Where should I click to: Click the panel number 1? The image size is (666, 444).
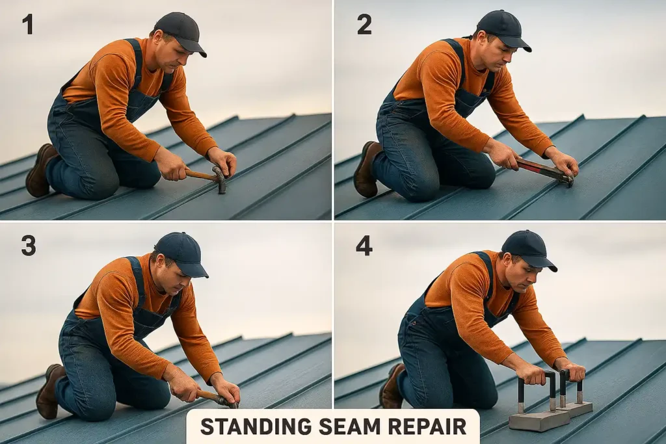click(27, 24)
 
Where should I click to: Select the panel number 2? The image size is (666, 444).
click(364, 24)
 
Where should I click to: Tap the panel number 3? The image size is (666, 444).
click(28, 245)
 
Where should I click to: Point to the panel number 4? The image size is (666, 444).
click(364, 245)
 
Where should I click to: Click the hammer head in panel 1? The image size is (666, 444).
click(220, 179)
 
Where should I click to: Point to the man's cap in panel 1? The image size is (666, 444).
click(178, 29)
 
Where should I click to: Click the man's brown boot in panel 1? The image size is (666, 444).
click(40, 170)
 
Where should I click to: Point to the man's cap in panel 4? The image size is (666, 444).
click(527, 246)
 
